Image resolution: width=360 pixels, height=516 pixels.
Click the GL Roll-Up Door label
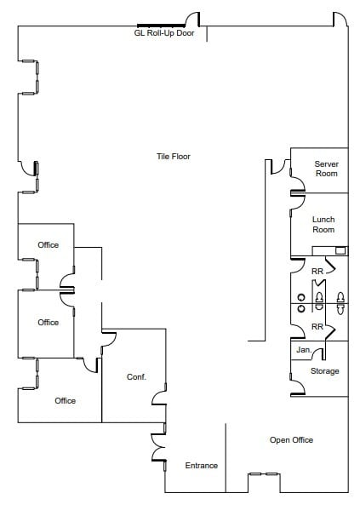164,34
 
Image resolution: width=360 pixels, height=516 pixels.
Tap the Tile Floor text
173,157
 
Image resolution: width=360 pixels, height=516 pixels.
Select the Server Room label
326,169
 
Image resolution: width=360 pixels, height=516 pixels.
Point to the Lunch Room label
323,225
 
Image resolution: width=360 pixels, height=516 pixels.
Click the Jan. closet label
303,350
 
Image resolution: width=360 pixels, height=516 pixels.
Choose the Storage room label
324,371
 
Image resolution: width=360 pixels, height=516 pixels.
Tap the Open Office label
291,440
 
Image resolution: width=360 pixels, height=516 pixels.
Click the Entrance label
202,466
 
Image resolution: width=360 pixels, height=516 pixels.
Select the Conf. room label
137,377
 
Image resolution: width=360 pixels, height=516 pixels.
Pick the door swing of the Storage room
299,388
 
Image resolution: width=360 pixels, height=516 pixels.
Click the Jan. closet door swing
317,352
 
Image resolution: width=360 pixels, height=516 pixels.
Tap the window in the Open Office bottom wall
263,474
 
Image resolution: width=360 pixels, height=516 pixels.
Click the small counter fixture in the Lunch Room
340,250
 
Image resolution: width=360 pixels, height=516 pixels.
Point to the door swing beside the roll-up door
193,19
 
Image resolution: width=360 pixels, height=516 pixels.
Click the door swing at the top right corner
340,19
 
